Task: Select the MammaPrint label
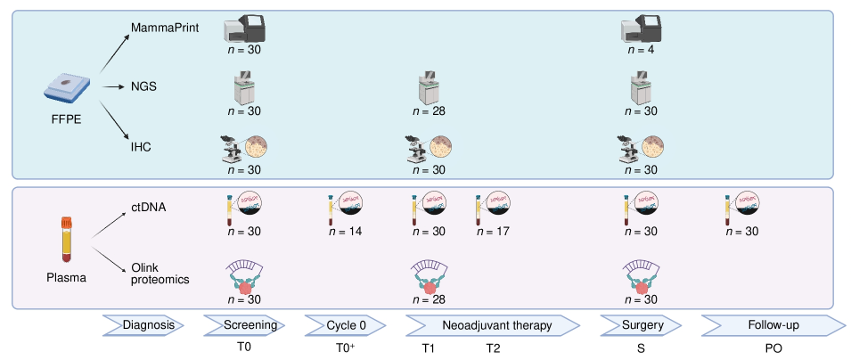coord(163,29)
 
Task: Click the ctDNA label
coord(148,207)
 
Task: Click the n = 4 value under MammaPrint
coord(641,50)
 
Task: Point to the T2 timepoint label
coord(493,348)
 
